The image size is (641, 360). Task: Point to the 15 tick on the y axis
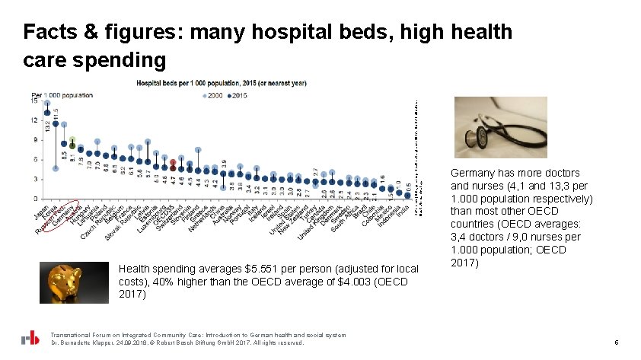click(x=34, y=100)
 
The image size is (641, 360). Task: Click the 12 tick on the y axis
click(x=34, y=120)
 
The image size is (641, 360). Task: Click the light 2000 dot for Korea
click(x=56, y=168)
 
